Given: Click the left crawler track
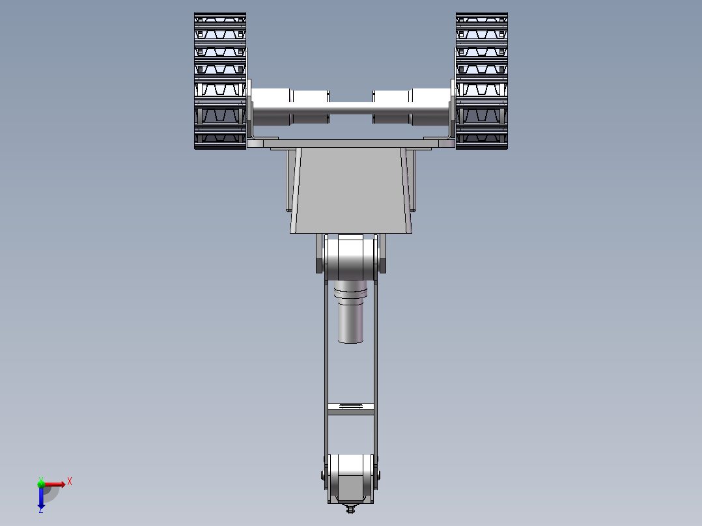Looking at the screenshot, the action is coord(220,81).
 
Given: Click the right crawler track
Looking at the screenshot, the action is coord(482,81).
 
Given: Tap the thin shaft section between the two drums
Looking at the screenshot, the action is coord(351,108).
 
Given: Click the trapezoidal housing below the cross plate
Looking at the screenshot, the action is coord(351,190).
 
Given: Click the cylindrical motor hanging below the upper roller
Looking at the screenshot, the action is coord(350,312).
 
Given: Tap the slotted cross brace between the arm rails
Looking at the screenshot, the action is coord(350,409).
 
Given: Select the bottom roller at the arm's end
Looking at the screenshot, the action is coord(350,478).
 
